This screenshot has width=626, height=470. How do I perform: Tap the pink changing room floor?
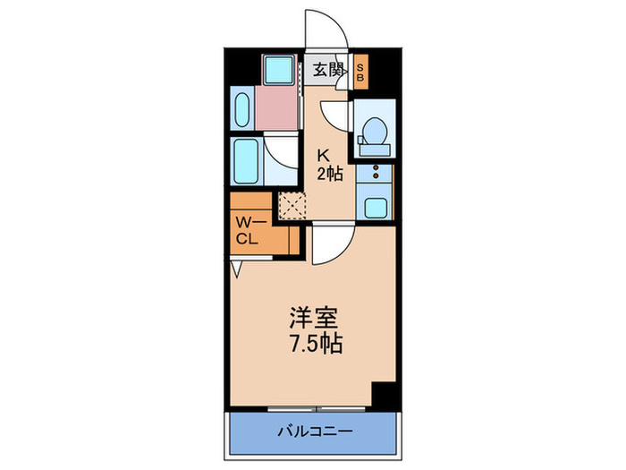tap(278, 109)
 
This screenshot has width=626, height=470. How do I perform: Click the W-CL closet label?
tap(248, 231)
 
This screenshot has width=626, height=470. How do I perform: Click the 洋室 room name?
tap(312, 318)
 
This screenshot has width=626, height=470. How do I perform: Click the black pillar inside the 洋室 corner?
tap(383, 393)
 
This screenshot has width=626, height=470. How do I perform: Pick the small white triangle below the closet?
tap(237, 268)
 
